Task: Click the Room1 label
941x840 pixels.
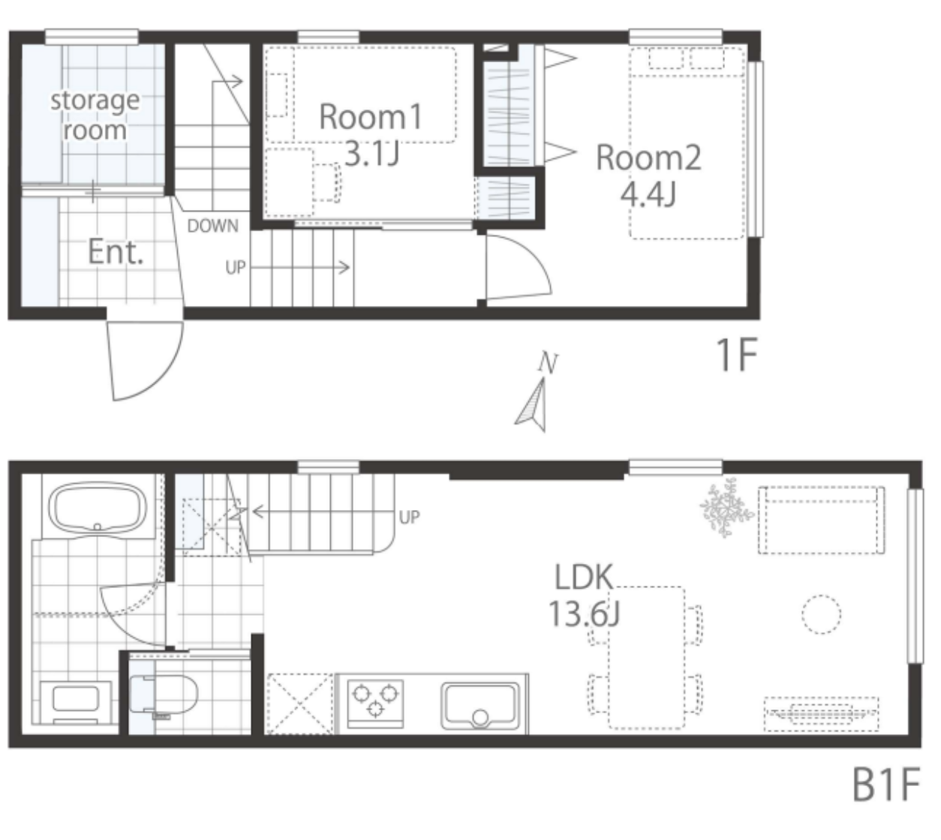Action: click(371, 116)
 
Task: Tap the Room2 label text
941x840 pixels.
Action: click(648, 158)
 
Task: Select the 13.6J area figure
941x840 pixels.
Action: click(585, 613)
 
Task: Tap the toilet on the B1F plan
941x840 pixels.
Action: click(163, 694)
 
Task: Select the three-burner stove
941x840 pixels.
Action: click(375, 704)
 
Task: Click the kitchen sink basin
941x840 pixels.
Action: click(480, 706)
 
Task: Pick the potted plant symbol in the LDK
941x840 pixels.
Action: click(726, 508)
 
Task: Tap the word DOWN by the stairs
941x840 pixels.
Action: click(212, 226)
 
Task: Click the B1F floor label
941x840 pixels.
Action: click(886, 784)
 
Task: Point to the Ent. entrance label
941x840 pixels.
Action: click(116, 252)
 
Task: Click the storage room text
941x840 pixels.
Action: click(95, 115)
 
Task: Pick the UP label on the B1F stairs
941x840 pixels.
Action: click(409, 517)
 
